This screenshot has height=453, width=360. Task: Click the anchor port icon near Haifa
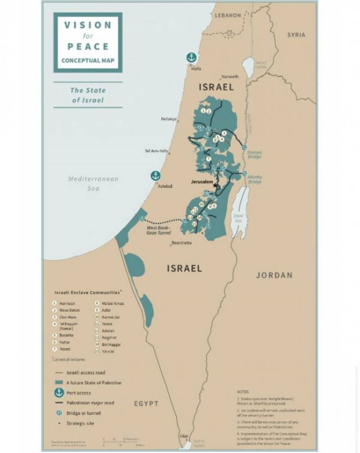point(191,58)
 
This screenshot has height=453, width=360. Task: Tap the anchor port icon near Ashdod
point(155,175)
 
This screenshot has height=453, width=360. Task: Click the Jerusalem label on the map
point(202,182)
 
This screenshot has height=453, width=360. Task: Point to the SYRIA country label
point(296,35)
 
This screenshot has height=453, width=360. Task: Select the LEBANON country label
point(228,15)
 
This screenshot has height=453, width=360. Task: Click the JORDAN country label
point(274,275)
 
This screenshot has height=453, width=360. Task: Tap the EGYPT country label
point(146,404)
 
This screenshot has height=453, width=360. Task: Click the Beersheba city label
point(181,243)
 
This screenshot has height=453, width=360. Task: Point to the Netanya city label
point(168,119)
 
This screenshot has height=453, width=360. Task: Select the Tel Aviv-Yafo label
point(156,151)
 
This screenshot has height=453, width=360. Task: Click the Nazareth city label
point(230,76)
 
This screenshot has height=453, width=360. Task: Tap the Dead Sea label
point(238,218)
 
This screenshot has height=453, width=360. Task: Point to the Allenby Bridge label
point(255,179)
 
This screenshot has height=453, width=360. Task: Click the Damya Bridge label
point(255,154)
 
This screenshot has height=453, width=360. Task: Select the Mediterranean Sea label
point(93,183)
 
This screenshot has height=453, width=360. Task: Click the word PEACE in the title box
point(88,46)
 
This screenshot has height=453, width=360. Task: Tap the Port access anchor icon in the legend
point(59,393)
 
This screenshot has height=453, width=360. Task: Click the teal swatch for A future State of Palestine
point(59,383)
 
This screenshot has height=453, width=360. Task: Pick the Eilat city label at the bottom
point(184,436)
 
